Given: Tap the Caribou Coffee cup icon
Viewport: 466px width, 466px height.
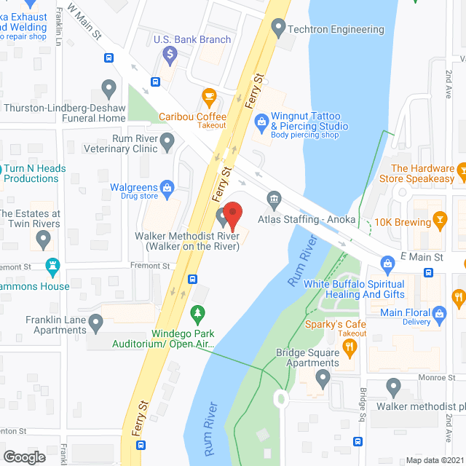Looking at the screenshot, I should tap(209, 96).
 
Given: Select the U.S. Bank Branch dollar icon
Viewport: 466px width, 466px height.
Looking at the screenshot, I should tap(170, 54).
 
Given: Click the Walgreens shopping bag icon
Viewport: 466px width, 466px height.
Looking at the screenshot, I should tap(167, 188).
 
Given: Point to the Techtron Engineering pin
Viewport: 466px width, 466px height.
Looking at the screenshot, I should tap(277, 29).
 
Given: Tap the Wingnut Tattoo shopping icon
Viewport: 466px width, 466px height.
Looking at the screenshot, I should tap(261, 125).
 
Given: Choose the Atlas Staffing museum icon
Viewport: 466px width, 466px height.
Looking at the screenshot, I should tap(275, 199).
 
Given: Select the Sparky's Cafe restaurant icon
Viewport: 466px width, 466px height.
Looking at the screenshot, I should tap(348, 349).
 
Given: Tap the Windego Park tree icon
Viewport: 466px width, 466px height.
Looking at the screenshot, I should tap(196, 314).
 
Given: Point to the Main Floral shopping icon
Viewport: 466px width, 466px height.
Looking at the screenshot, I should tap(439, 314).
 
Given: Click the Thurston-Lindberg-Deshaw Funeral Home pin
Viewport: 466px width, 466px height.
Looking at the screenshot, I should tap(109, 89).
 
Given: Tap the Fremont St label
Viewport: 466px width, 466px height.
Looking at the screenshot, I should tap(151, 266).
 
